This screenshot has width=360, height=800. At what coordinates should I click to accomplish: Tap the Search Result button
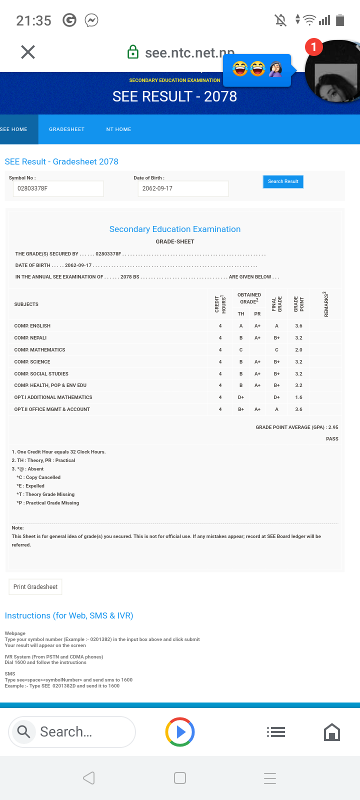pyautogui.click(x=283, y=181)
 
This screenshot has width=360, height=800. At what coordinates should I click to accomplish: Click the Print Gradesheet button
pyautogui.click(x=35, y=587)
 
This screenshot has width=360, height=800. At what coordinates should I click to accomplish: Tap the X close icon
pyautogui.click(x=28, y=52)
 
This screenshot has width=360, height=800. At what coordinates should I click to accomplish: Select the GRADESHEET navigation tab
pyautogui.click(x=66, y=129)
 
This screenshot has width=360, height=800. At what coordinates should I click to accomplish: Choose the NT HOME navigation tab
pyautogui.click(x=118, y=129)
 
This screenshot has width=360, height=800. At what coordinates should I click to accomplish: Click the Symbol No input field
pyautogui.click(x=58, y=188)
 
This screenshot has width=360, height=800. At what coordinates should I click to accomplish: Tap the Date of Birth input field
pyautogui.click(x=182, y=188)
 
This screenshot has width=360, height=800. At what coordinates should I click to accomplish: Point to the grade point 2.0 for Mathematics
pyautogui.click(x=298, y=350)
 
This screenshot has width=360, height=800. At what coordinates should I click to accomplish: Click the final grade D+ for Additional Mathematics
pyautogui.click(x=276, y=397)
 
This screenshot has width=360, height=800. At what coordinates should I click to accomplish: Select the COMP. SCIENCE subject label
pyautogui.click(x=32, y=362)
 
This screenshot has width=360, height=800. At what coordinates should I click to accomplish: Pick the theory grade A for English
pyautogui.click(x=241, y=326)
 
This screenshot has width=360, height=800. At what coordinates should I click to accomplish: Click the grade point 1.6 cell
pyautogui.click(x=298, y=397)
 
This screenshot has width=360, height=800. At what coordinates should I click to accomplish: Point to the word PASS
pyautogui.click(x=332, y=439)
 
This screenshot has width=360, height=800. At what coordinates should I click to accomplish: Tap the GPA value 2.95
pyautogui.click(x=333, y=427)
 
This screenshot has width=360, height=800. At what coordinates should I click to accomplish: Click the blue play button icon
pyautogui.click(x=180, y=732)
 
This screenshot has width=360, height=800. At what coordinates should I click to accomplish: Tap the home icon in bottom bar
pyautogui.click(x=332, y=732)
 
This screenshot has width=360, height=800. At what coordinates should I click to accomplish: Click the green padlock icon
pyautogui.click(x=133, y=52)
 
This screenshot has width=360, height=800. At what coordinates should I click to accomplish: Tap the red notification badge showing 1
pyautogui.click(x=313, y=47)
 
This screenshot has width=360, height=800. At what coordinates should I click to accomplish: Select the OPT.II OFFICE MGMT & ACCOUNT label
pyautogui.click(x=52, y=409)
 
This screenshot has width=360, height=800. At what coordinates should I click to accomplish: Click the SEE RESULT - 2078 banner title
pyautogui.click(x=174, y=96)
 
